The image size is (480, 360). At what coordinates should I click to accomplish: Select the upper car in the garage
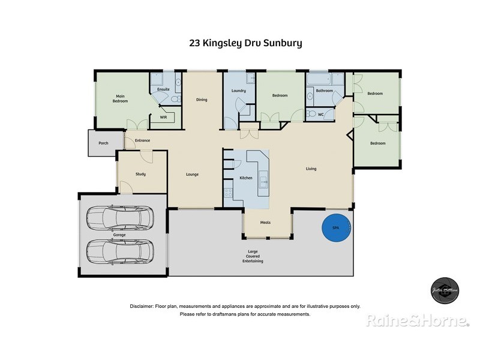pyautogui.click(x=119, y=219)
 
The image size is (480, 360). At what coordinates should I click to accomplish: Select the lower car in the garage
pyautogui.click(x=119, y=252)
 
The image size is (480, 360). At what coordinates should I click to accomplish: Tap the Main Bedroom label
pyautogui.click(x=121, y=98)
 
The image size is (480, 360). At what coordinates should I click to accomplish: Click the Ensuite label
pyautogui.click(x=163, y=89)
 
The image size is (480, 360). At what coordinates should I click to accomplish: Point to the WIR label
pyautogui.click(x=163, y=118)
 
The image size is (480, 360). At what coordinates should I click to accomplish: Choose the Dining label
pyautogui.click(x=202, y=100)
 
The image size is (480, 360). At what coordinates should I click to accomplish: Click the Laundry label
pyautogui.click(x=239, y=91)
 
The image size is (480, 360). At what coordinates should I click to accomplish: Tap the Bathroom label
pyautogui.click(x=325, y=91)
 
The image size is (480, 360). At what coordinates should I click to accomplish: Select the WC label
pyautogui.click(x=321, y=114)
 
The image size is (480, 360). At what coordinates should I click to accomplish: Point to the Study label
pyautogui.click(x=141, y=174)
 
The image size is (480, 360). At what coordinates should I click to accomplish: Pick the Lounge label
pyautogui.click(x=192, y=175)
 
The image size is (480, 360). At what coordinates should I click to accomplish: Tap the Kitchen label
pyautogui.click(x=246, y=178)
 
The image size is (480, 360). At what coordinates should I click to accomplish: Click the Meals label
pyautogui.click(x=265, y=223)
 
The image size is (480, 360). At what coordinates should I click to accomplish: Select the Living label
pyautogui.click(x=311, y=169)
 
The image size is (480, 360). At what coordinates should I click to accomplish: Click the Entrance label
pyautogui.click(x=142, y=140)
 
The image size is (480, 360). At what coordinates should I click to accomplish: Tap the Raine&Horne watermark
pyautogui.click(x=418, y=321)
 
